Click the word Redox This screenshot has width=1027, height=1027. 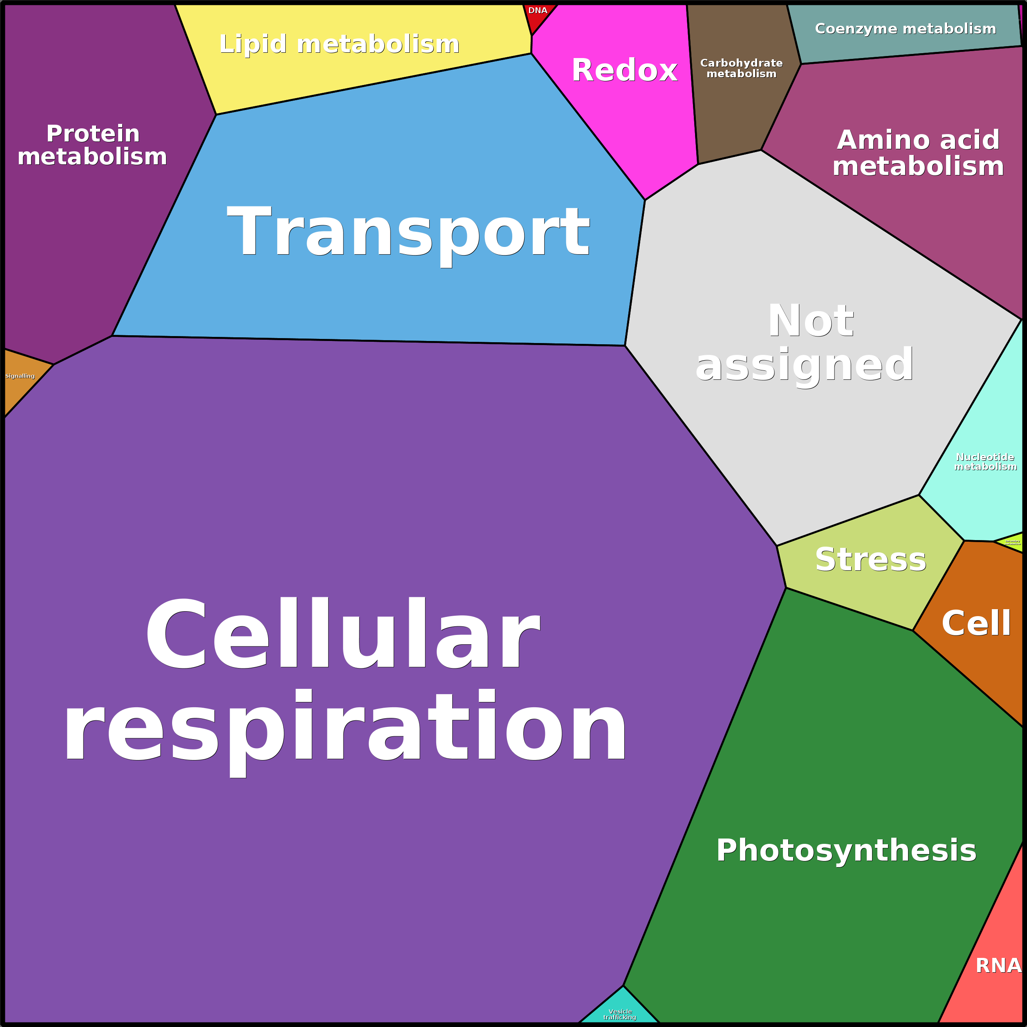click(625, 70)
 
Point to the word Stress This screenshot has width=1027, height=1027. click(871, 560)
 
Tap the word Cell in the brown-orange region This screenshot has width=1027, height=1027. click(976, 623)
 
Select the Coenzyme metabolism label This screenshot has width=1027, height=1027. click(905, 29)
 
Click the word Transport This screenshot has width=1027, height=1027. click(408, 233)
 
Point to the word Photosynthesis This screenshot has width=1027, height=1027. click(846, 850)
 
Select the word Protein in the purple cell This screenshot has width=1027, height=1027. click(93, 133)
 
